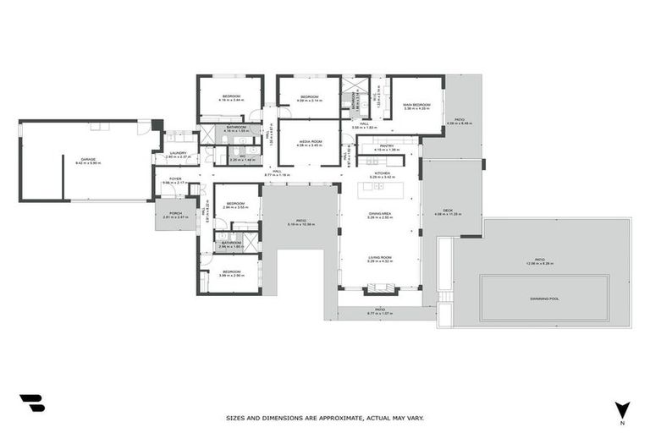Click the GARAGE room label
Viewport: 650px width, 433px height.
click(x=87, y=158)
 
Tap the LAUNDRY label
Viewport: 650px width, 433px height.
click(x=178, y=153)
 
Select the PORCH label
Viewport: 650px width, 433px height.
click(x=175, y=213)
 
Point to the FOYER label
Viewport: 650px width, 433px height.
click(x=175, y=178)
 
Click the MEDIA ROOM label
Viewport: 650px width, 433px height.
click(x=309, y=141)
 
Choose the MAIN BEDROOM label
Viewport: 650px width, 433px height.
click(x=416, y=104)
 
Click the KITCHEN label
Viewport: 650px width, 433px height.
click(x=380, y=173)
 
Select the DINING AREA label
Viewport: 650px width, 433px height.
click(x=380, y=214)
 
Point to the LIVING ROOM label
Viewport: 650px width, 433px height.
click(x=380, y=256)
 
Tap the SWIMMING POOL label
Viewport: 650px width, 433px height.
click(x=544, y=298)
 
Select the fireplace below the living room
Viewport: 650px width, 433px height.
click(x=380, y=290)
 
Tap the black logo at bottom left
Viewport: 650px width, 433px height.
click(x=31, y=403)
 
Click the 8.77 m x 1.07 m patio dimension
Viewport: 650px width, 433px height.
click(x=380, y=314)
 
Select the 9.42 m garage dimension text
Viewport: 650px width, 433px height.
click(x=87, y=162)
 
